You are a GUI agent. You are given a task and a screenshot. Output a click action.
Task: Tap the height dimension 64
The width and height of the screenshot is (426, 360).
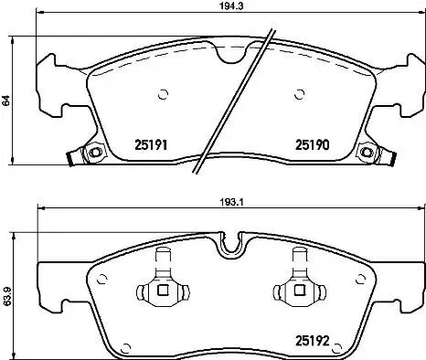pos(7,102)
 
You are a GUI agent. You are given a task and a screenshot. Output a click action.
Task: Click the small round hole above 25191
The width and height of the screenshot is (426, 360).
pos(163,92)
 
